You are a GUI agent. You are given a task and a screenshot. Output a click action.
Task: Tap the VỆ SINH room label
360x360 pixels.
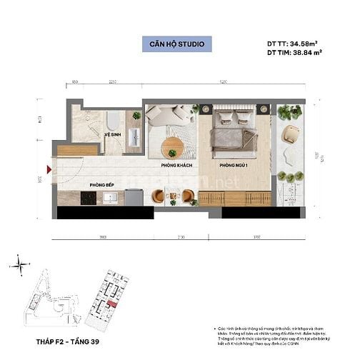click(x=111, y=134)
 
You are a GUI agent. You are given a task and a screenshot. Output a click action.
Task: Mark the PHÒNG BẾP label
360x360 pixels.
click(x=100, y=185)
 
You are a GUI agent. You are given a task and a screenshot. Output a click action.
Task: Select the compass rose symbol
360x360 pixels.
click(x=22, y=266)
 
